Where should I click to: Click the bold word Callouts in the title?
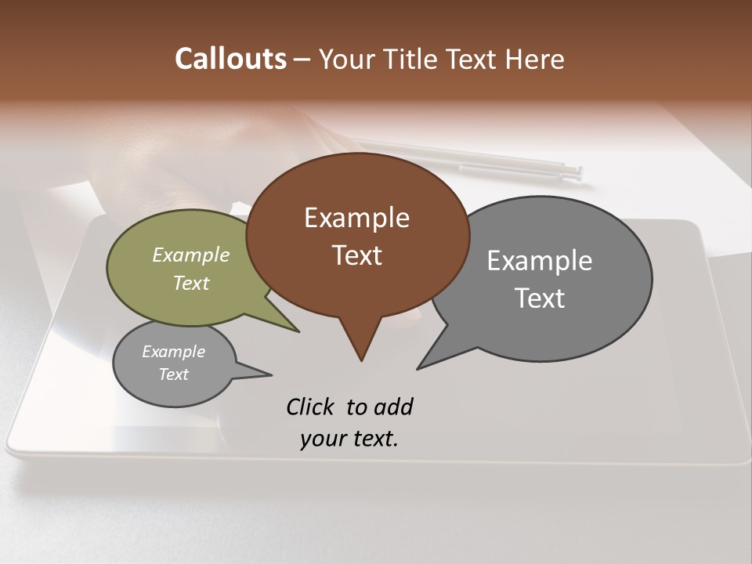(x=230, y=59)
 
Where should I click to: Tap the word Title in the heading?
(x=414, y=59)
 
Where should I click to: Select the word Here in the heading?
(x=535, y=59)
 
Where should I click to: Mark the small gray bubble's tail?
(x=262, y=374)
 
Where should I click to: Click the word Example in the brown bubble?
(x=356, y=218)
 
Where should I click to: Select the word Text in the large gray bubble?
(x=540, y=298)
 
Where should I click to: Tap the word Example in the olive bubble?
(x=191, y=255)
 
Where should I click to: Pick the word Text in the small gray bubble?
(x=174, y=374)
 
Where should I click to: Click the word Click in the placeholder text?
(x=310, y=407)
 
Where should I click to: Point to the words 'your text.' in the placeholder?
(x=349, y=439)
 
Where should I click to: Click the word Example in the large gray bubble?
(x=540, y=261)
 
